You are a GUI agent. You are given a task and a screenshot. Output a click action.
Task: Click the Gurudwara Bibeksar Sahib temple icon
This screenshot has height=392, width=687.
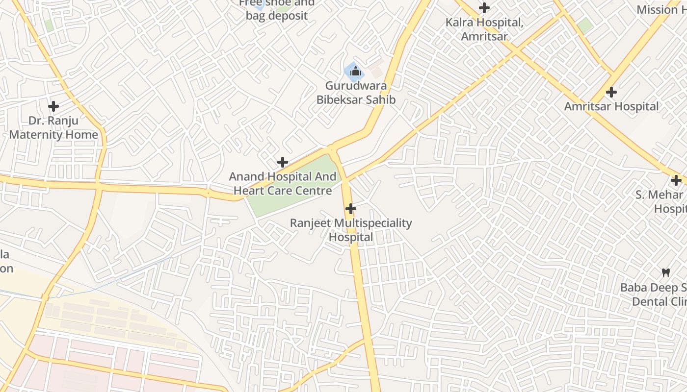coord(356,72)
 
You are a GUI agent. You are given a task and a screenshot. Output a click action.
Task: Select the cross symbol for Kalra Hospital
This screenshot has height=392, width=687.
coord(484,8)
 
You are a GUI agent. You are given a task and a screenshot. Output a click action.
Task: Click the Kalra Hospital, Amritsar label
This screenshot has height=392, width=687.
coord(484,29)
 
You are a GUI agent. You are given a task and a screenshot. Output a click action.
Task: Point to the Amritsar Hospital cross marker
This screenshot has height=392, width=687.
coord(611,92)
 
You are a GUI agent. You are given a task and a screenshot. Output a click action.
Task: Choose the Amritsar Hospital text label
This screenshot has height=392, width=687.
coord(611,106)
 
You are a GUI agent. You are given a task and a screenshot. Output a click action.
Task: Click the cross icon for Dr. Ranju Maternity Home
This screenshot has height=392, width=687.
coord(53,106)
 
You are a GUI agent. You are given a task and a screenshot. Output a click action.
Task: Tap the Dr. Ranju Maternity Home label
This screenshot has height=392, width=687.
coord(53,127)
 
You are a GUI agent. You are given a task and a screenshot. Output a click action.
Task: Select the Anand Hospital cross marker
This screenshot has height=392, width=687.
coord(283,162)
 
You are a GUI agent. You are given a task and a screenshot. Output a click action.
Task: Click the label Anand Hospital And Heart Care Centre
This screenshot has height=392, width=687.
coord(283,183)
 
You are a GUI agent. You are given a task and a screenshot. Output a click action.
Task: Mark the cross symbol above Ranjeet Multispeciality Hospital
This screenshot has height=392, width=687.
coord(350,209)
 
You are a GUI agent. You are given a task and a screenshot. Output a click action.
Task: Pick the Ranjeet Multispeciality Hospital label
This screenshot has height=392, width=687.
coord(350,230)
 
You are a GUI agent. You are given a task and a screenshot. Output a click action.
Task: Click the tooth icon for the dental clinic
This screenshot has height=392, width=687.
coord(666,272)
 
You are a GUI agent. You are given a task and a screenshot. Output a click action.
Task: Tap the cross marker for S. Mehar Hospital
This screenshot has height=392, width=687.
coord(676,180)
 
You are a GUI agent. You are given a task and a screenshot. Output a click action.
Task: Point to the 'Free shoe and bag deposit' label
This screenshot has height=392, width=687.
coord(277,10)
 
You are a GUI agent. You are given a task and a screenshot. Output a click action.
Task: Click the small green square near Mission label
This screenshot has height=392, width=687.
coord(584,25)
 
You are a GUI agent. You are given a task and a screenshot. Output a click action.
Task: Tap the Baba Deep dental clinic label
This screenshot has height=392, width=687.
coord(653,294)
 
